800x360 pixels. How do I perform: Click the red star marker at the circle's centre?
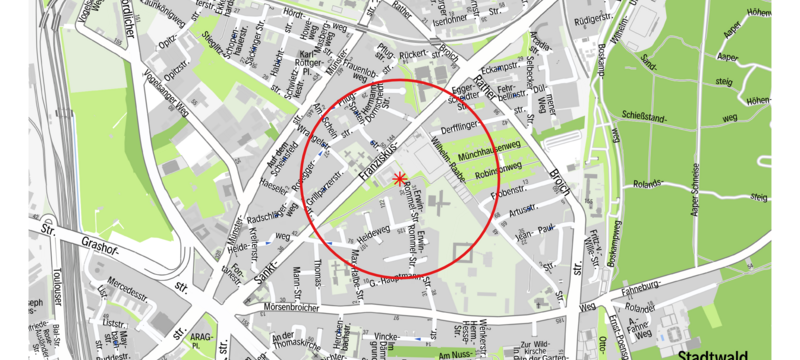coord(400,179)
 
